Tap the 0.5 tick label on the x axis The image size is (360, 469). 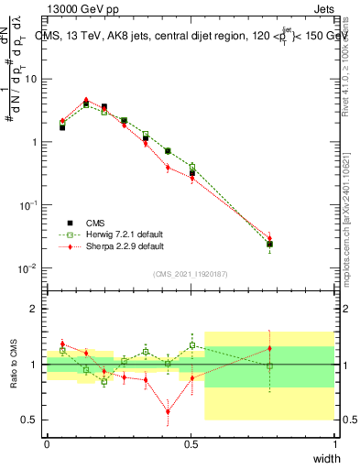pos(191,443)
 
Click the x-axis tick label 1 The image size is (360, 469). pos(334,443)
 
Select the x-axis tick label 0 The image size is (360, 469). pos(47,443)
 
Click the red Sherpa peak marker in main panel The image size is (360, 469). pos(86,101)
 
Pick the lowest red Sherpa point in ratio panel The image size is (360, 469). pos(168,411)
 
